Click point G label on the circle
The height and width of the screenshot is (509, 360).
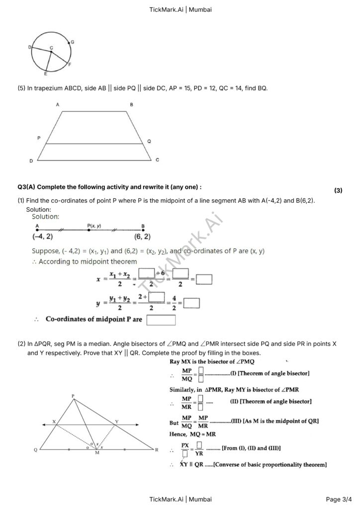(x=73, y=42)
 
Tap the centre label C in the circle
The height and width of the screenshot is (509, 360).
(x=51, y=48)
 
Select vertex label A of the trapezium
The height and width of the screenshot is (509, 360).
(x=58, y=105)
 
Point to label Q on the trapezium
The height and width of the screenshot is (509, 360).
(x=149, y=141)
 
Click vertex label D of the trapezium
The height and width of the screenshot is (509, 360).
(x=31, y=161)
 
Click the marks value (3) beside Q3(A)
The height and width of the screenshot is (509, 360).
(x=338, y=190)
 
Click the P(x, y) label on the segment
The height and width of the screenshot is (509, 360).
(x=94, y=226)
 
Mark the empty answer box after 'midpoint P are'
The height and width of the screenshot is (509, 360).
(x=161, y=320)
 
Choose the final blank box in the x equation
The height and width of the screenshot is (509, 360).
(x=204, y=280)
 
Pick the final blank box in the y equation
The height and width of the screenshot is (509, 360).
(x=191, y=303)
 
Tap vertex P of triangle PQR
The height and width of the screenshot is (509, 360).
(x=73, y=396)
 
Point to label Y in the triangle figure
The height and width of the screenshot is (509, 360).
(x=117, y=421)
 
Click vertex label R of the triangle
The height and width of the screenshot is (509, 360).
(x=157, y=450)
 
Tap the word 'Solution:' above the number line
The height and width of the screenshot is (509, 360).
(x=46, y=217)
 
